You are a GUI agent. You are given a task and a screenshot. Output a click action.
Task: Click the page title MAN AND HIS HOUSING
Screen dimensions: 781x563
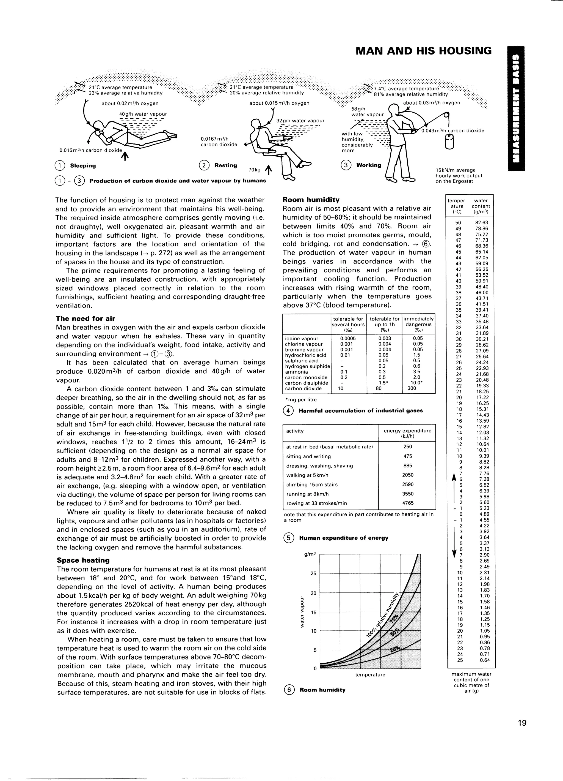(x=423, y=51)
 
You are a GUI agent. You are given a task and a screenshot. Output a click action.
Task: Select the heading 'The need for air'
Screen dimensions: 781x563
(x=85, y=318)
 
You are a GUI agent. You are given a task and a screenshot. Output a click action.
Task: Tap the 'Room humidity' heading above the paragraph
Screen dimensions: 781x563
(x=311, y=200)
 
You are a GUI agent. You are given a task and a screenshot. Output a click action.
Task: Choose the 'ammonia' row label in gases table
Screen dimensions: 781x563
(x=296, y=372)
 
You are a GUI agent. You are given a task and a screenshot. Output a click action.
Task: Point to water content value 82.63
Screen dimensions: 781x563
(x=481, y=222)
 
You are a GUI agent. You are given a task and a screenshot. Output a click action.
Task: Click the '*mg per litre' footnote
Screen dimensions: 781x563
(x=300, y=399)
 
